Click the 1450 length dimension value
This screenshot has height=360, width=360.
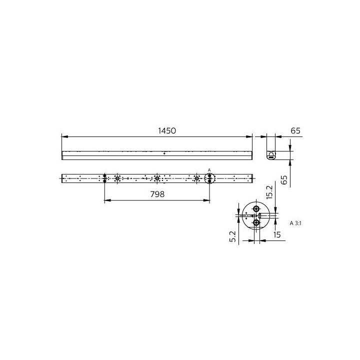pos(167,130)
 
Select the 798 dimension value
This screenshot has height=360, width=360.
pos(157,194)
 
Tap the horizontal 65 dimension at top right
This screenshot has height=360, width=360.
pos(295,130)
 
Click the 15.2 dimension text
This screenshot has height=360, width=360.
pos(270,191)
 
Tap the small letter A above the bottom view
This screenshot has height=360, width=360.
pos(209,170)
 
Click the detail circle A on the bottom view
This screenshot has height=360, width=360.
pos(209,178)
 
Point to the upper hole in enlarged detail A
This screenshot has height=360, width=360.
pos(256,209)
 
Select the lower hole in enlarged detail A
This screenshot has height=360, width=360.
pos(256,223)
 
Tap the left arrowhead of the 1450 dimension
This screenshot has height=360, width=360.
pos(63,136)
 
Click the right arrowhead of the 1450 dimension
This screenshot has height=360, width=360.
pos(250,136)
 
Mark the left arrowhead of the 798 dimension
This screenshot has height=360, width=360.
pos(106,201)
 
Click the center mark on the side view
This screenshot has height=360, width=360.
pos(164,153)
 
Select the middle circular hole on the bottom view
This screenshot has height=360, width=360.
pos(157,178)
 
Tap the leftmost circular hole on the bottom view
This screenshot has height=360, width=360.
pos(117,178)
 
